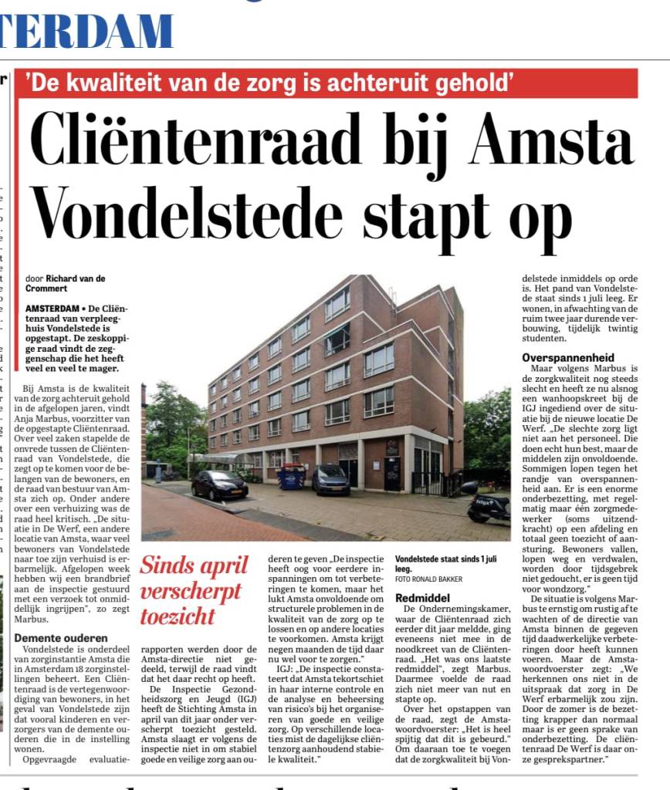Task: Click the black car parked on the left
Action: pyautogui.click(x=220, y=485)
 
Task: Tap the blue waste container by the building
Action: pyautogui.click(x=292, y=476)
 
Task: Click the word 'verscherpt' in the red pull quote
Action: pyautogui.click(x=191, y=592)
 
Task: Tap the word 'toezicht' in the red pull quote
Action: pyautogui.click(x=178, y=616)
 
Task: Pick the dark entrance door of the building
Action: pyautogui.click(x=393, y=472)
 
